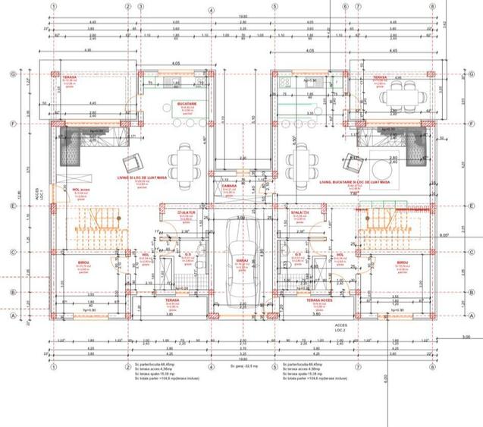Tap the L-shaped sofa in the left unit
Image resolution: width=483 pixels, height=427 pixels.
(77, 144)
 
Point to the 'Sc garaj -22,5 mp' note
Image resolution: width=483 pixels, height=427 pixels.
(243, 365)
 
